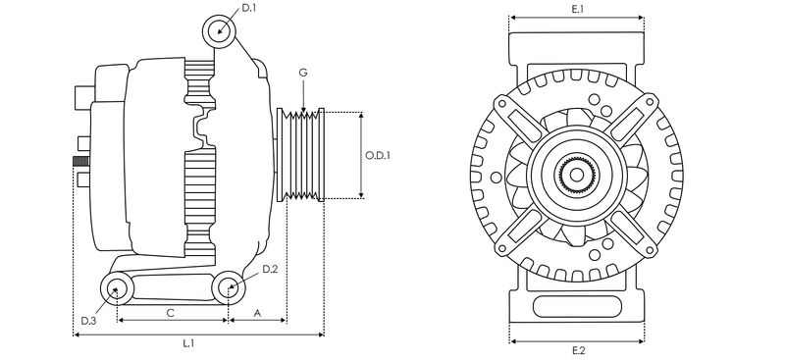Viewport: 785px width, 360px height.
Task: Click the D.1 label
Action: [249, 8]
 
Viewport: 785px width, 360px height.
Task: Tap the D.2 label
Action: [270, 268]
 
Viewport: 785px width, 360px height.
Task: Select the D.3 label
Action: [88, 321]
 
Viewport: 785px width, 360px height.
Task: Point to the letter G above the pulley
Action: [303, 74]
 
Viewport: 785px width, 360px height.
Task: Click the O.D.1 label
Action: [379, 155]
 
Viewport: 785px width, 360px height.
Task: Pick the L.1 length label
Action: [187, 343]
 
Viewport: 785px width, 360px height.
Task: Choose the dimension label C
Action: [170, 313]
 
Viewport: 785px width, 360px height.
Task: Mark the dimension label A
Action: [257, 313]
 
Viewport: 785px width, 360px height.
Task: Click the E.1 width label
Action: [577, 9]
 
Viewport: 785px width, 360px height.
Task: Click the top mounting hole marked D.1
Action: [220, 31]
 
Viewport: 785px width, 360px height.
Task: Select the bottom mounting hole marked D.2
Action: [228, 287]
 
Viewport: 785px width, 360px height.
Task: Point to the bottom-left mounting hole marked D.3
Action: [118, 288]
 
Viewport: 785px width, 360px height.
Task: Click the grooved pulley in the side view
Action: [301, 155]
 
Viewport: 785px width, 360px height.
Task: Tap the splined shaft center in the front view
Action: [576, 177]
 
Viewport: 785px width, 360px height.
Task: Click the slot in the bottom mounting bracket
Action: [576, 305]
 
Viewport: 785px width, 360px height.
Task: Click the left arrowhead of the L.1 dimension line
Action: [77, 334]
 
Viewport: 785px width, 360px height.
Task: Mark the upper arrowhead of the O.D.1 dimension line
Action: [362, 115]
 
